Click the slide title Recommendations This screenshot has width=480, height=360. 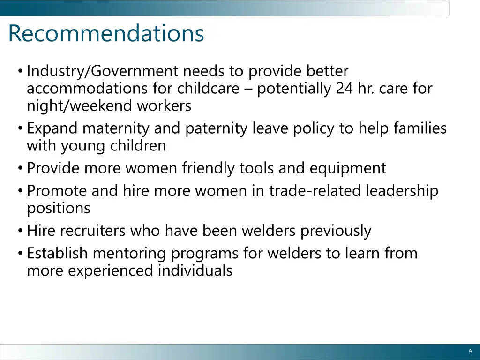click(x=106, y=34)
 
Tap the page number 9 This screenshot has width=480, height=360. click(x=470, y=352)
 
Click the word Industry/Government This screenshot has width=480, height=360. click(x=103, y=71)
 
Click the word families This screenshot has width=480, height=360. click(x=420, y=128)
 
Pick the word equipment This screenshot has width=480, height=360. click(x=347, y=168)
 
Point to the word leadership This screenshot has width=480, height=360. click(x=402, y=191)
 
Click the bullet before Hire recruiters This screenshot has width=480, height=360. click(x=21, y=231)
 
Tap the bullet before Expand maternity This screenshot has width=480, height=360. click(x=21, y=128)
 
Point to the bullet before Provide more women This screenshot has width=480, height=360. click(x=21, y=168)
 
